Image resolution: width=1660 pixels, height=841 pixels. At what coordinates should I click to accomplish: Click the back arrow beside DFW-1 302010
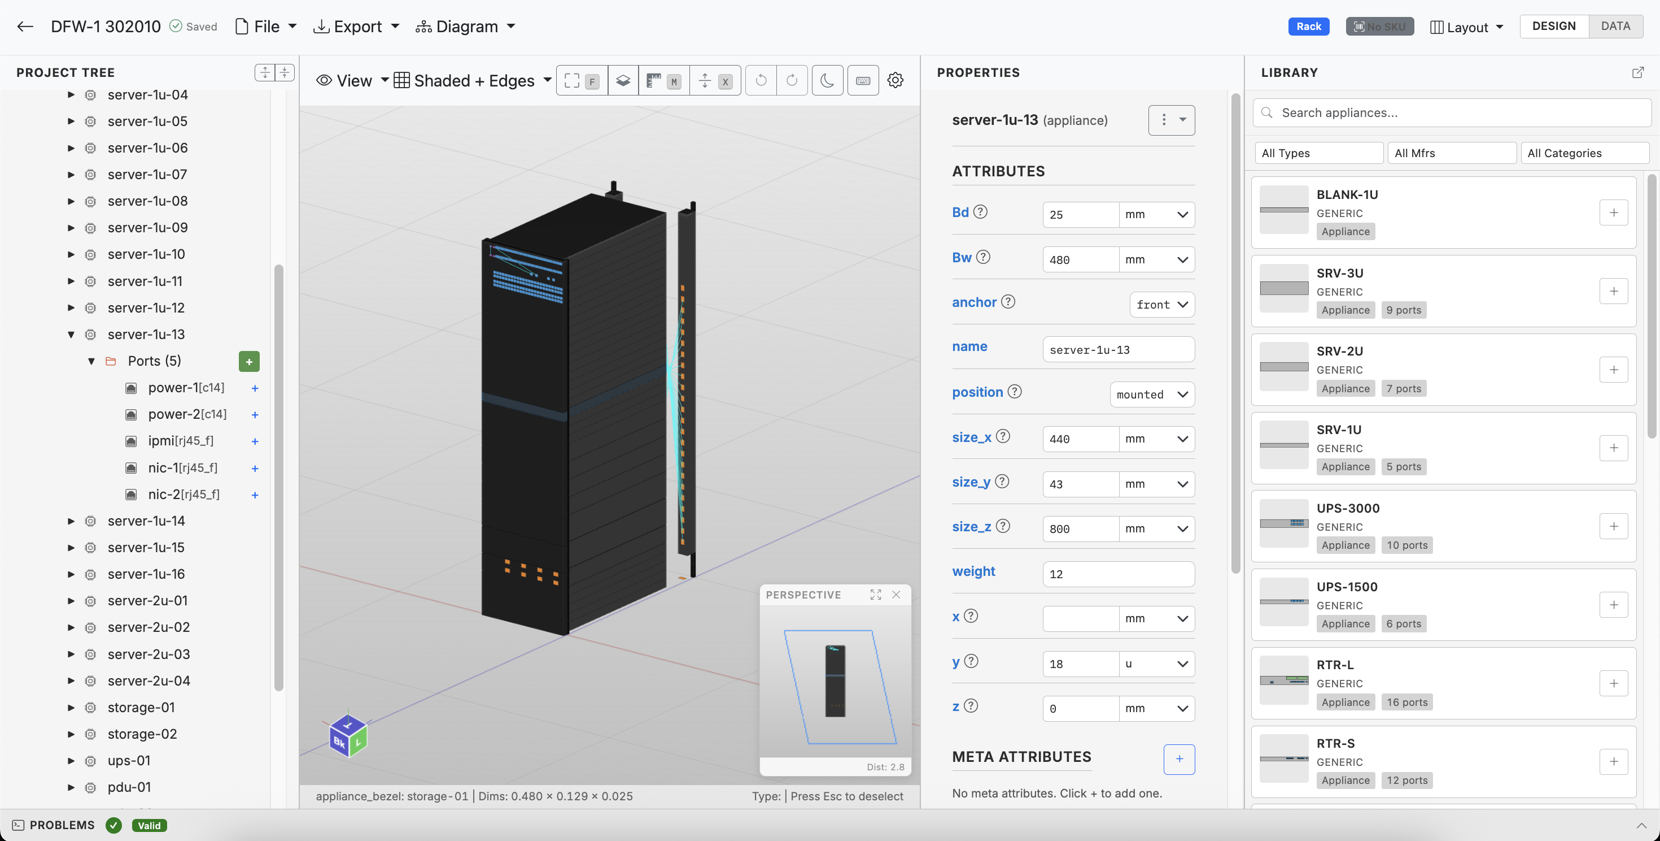(x=25, y=27)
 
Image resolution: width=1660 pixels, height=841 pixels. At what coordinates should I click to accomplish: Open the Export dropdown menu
(x=356, y=27)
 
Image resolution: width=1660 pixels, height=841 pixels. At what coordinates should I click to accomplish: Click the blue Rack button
(x=1308, y=27)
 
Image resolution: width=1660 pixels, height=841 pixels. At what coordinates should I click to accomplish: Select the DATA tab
(x=1615, y=27)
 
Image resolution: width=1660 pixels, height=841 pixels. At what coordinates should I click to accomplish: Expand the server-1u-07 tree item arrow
(x=71, y=175)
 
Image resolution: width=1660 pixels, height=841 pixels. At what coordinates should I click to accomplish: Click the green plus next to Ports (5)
(x=249, y=361)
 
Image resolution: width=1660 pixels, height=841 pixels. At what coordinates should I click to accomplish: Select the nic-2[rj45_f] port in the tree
(x=183, y=495)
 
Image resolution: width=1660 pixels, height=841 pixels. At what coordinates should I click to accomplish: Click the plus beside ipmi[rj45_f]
(x=255, y=442)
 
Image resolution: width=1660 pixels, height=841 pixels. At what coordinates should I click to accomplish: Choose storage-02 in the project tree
(x=142, y=734)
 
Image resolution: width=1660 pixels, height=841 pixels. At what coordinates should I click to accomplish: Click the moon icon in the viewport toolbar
(x=827, y=81)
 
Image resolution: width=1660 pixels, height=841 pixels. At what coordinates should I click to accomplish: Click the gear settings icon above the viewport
(x=895, y=81)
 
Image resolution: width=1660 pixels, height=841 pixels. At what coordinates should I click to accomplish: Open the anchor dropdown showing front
(x=1162, y=305)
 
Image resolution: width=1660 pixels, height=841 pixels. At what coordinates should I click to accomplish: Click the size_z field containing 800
(x=1080, y=529)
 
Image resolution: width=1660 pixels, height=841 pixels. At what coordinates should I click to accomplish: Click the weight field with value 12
(x=1118, y=574)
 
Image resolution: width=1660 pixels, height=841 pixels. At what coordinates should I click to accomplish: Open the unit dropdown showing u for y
(x=1156, y=664)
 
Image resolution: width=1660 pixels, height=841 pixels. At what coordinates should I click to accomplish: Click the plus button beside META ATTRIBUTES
(x=1178, y=759)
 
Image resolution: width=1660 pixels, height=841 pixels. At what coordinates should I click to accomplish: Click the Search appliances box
(x=1456, y=113)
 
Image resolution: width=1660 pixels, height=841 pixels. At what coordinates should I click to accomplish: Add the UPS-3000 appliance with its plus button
(x=1613, y=526)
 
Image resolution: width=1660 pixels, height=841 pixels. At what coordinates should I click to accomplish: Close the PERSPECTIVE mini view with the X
(x=895, y=595)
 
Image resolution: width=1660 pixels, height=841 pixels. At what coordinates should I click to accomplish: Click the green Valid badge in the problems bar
(x=149, y=826)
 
